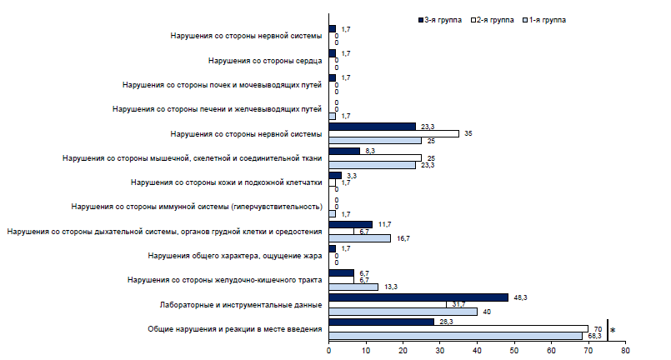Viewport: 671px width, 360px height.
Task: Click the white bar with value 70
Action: click(458, 328)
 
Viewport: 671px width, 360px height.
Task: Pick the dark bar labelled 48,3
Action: click(418, 297)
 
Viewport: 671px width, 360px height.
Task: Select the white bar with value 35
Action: click(393, 133)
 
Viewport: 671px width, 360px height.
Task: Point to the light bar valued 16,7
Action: click(359, 238)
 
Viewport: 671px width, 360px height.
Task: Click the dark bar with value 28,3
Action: click(381, 321)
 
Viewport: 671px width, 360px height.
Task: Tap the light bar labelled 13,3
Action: click(353, 287)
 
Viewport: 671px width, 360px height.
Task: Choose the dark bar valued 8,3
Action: click(344, 151)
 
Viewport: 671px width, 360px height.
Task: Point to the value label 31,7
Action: click(457, 304)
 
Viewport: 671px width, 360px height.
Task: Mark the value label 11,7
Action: click(383, 223)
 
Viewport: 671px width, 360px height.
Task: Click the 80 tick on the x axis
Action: click(624, 351)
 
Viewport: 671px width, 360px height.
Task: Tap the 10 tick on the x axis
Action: click(366, 351)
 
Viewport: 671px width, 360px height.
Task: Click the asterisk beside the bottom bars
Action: click(613, 331)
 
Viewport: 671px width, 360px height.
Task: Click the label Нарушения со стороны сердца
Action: click(264, 61)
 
